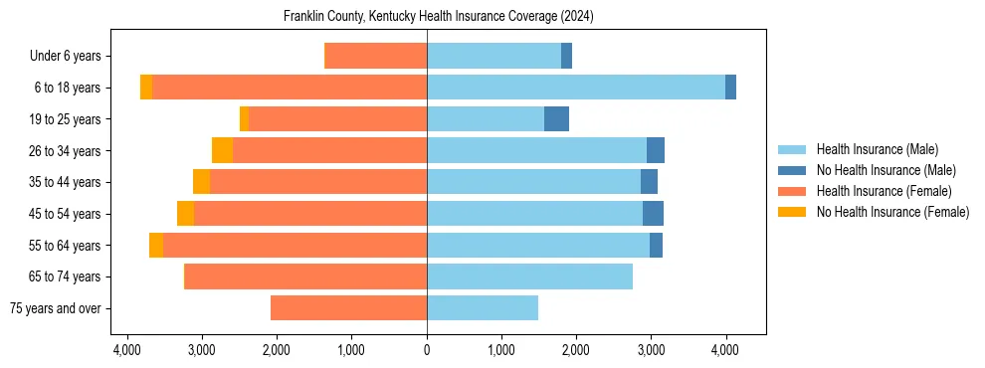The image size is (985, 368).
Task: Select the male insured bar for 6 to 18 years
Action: [x=575, y=88]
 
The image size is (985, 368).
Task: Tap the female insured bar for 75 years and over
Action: [x=348, y=308]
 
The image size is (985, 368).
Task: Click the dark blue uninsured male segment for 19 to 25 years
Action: [x=556, y=119]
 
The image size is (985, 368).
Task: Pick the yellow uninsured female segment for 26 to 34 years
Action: [x=222, y=150]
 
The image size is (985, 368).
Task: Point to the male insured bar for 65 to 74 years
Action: [x=529, y=276]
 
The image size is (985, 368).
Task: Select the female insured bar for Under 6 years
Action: [x=376, y=56]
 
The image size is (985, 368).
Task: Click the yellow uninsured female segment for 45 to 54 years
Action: [x=185, y=214]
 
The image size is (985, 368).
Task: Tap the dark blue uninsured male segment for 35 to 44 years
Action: [x=649, y=182]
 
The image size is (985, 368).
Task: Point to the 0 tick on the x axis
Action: [x=427, y=350]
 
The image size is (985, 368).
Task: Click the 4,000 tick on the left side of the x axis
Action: [x=127, y=350]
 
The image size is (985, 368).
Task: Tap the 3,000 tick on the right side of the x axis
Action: [x=651, y=350]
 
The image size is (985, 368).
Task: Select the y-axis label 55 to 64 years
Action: [x=66, y=246]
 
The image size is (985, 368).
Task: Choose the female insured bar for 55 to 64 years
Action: [x=295, y=246]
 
